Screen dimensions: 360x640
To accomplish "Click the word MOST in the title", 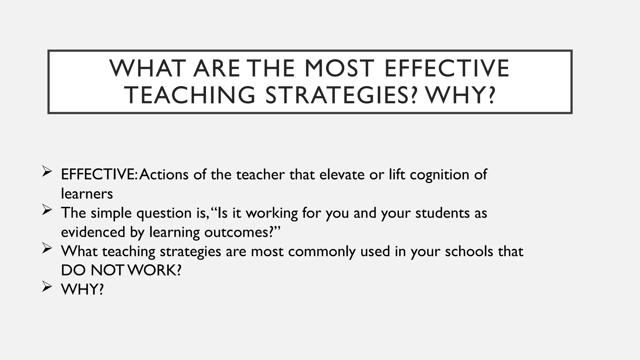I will [x=339, y=68].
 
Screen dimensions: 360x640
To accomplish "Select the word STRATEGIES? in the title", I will [x=341, y=95].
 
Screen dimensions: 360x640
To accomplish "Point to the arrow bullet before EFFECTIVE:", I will [x=47, y=171].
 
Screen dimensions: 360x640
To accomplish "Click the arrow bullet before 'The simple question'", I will [x=47, y=210].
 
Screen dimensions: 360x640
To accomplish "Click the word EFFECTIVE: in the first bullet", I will [x=99, y=174].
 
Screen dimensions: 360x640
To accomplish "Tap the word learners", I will [x=87, y=194].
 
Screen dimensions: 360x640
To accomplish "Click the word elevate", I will [x=342, y=174].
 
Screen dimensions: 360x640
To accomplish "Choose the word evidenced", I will [x=93, y=232].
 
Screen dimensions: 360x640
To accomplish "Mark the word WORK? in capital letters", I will [x=155, y=270].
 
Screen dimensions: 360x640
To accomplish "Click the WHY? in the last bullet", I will [x=82, y=289].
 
